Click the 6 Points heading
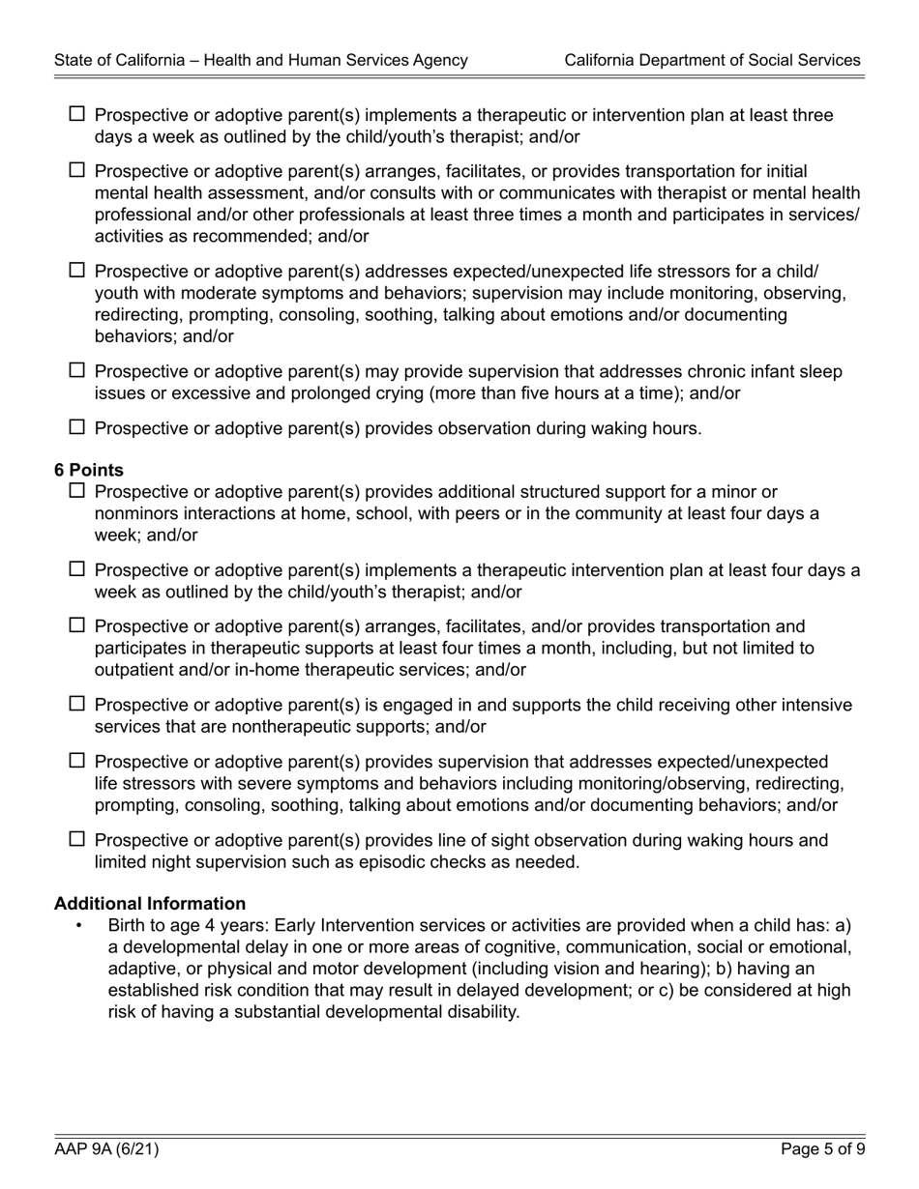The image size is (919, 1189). coord(89,470)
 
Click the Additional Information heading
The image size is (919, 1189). coord(150,904)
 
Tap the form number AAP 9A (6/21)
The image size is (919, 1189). coord(106,1149)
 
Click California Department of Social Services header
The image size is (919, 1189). coord(712,60)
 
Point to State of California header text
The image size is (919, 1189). coord(260,60)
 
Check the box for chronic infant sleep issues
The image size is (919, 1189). coord(77,371)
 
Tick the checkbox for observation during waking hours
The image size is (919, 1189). coord(77,427)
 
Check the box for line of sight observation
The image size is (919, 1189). coord(77,839)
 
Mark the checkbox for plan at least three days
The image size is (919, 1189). coord(77,114)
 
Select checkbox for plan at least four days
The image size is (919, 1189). coord(77,569)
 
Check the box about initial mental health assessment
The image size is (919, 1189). coord(77,170)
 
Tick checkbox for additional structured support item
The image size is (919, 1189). coord(77,491)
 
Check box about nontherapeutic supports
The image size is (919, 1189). coord(77,704)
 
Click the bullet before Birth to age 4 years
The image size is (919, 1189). coord(77,927)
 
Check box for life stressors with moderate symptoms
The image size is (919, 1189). coord(77,271)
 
